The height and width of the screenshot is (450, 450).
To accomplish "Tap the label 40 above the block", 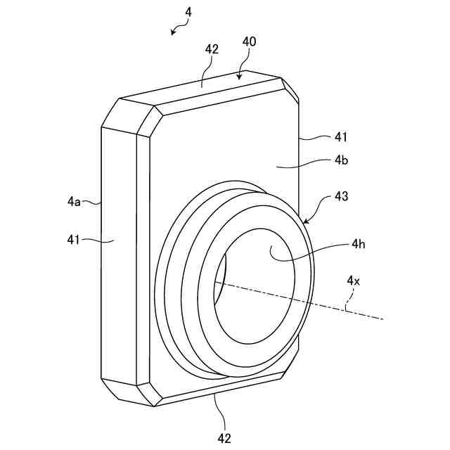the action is (x=249, y=41).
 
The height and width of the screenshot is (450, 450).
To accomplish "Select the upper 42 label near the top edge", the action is (x=212, y=49).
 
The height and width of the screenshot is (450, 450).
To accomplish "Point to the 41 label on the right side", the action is (x=340, y=136).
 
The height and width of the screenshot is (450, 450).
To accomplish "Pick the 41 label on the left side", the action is (x=75, y=240).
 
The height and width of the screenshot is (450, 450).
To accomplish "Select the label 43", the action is (x=340, y=198).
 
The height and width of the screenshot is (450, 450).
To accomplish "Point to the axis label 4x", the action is (x=354, y=281).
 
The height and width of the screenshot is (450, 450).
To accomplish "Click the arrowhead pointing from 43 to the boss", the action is (x=305, y=221).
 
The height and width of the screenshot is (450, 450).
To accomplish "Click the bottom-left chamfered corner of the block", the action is (x=127, y=391).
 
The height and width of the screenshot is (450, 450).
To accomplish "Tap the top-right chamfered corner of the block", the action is (x=290, y=88).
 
